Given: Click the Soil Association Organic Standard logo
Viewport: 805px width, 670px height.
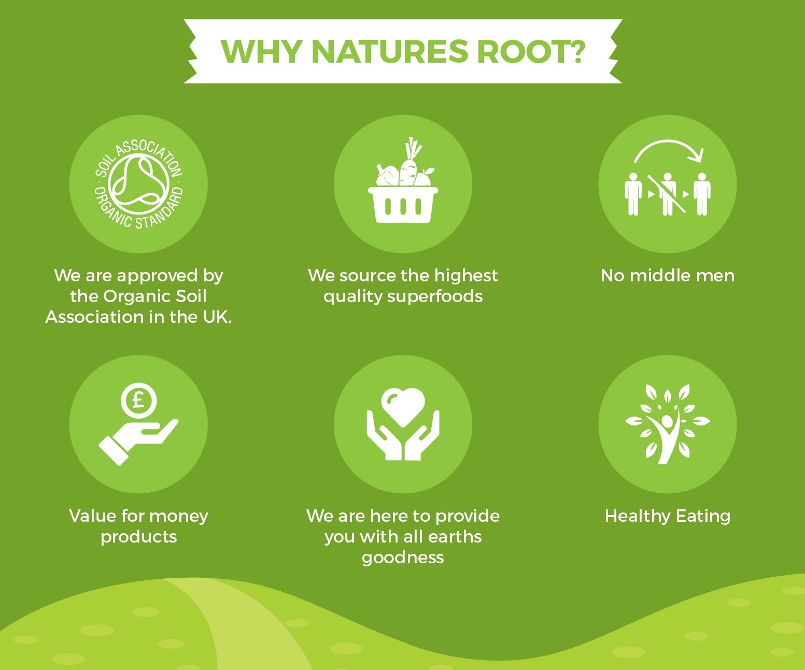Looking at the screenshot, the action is tap(138, 184).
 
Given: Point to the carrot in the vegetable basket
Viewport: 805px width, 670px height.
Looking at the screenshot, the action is tap(410, 164).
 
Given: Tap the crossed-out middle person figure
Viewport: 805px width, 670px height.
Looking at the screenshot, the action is tap(667, 193).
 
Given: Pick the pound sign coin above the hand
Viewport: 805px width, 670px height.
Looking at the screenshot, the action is tap(139, 401).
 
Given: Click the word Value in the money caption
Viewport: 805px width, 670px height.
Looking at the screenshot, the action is tap(93, 516).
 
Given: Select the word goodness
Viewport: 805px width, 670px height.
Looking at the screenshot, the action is tap(403, 558).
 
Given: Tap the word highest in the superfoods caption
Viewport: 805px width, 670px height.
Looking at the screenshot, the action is tap(465, 276).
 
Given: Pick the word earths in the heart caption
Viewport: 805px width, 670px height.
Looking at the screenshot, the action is tap(455, 537).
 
